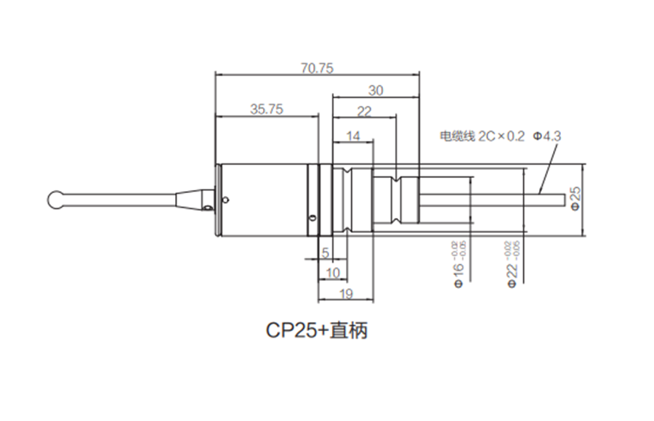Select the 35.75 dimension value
click(x=266, y=110)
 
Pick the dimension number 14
click(x=353, y=136)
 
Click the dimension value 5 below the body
click(x=325, y=253)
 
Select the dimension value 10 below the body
click(x=334, y=273)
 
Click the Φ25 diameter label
click(x=575, y=198)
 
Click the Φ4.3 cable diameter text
click(x=548, y=135)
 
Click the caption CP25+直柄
click(x=316, y=331)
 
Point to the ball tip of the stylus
click(x=54, y=198)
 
